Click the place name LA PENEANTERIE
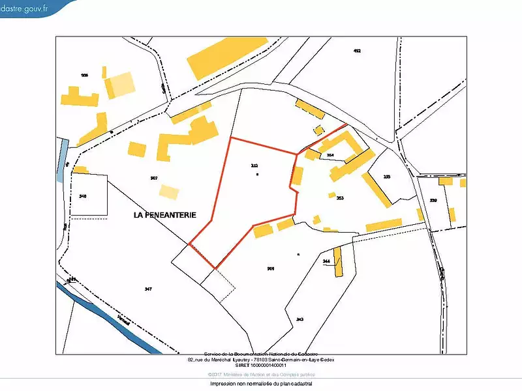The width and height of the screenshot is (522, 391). pos(165,214)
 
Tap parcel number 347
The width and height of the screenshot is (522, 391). pos(148,288)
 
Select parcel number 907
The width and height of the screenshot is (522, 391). pos(154,178)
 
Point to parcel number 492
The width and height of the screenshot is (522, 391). pos(356,51)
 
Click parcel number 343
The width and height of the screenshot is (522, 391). pos(299,319)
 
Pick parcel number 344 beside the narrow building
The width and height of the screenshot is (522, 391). pos(327,261)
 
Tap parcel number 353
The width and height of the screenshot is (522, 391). pos(340,197)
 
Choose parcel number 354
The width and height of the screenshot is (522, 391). pos(330,155)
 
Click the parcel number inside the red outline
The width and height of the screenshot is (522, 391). pos(254,166)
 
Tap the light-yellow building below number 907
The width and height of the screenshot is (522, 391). pos(169,192)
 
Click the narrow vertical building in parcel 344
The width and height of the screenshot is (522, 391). pos(338,261)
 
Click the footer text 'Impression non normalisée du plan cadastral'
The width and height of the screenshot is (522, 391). pos(261,384)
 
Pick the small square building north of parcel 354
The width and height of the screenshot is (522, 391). pos(319,130)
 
